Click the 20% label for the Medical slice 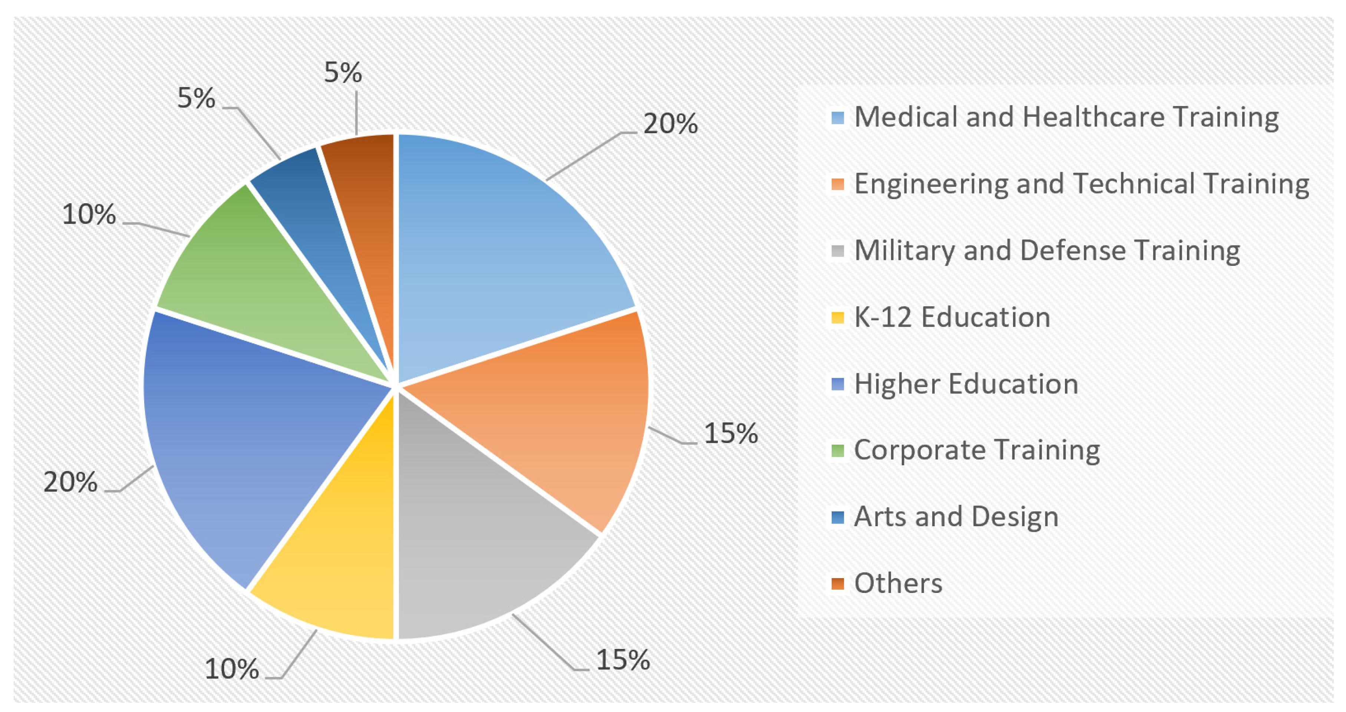click(x=670, y=124)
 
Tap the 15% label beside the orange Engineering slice click(x=730, y=433)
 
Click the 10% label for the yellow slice click(x=231, y=669)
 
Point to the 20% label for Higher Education click(x=70, y=482)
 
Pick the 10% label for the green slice click(x=89, y=214)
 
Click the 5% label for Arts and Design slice click(x=196, y=98)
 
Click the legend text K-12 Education click(x=952, y=317)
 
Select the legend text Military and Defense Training click(x=1047, y=251)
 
